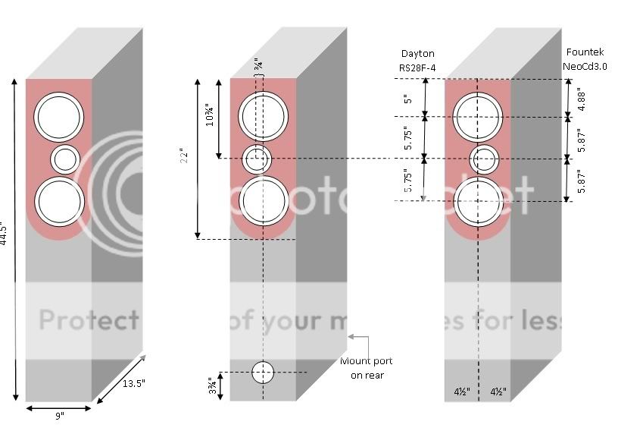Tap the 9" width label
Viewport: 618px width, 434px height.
[x=58, y=416]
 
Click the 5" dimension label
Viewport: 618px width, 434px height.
[x=409, y=99]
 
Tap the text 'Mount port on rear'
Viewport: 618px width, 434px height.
[x=366, y=368]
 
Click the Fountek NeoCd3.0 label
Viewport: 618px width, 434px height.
[x=585, y=60]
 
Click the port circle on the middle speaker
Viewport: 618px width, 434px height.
[x=263, y=372]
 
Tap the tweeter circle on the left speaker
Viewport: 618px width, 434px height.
[x=64, y=159]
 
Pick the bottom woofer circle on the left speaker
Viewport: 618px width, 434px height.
[x=58, y=200]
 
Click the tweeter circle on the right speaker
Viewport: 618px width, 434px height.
[x=483, y=159]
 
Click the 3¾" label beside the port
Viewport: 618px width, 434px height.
[x=212, y=385]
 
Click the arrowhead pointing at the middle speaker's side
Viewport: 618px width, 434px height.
[x=350, y=335]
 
